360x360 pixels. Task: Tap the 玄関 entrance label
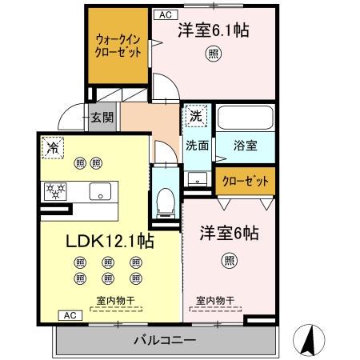tap(102, 117)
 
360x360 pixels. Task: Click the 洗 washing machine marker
tap(194, 117)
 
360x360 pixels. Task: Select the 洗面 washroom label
tap(198, 146)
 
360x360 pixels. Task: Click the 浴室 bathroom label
tap(244, 146)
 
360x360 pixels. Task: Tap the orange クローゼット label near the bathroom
tap(244, 182)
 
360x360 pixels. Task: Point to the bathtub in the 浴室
tap(246, 120)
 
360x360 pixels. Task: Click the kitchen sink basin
tap(101, 191)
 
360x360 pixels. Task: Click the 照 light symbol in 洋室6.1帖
tap(214, 55)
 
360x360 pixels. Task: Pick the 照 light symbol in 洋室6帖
tap(230, 259)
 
